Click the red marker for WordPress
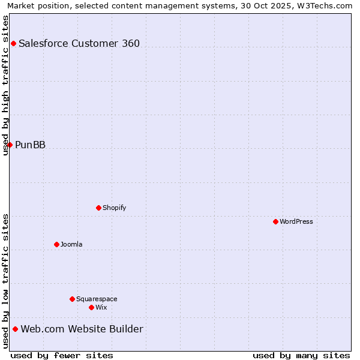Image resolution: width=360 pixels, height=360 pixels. pos(275,221)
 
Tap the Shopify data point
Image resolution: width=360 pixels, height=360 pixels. pos(98,208)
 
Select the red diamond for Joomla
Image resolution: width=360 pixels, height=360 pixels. pos(56,244)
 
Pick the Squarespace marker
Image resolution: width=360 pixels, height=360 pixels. pos(72,299)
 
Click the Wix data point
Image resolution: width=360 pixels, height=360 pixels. pos(91,307)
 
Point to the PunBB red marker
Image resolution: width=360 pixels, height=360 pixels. pos(10,145)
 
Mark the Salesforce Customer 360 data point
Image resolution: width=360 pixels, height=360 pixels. pos(13,43)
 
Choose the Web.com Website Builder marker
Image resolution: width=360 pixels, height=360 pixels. pos(15,329)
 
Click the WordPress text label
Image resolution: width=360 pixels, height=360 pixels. pos(296,221)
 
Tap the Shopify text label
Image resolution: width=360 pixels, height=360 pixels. pos(114,208)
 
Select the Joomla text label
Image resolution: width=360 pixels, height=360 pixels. pos(71,244)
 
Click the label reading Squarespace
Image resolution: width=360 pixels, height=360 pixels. pos(97,299)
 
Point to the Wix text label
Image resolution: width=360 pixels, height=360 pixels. pos(101,307)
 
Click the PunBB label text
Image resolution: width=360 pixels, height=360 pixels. pos(31,145)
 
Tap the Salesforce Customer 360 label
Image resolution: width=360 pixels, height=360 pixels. pos(79,43)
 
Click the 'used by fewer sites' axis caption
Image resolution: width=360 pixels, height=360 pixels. pos(62,355)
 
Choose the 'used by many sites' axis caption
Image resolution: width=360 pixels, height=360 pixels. pos(301,355)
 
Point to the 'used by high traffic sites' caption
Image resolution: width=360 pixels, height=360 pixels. pos(6,85)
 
